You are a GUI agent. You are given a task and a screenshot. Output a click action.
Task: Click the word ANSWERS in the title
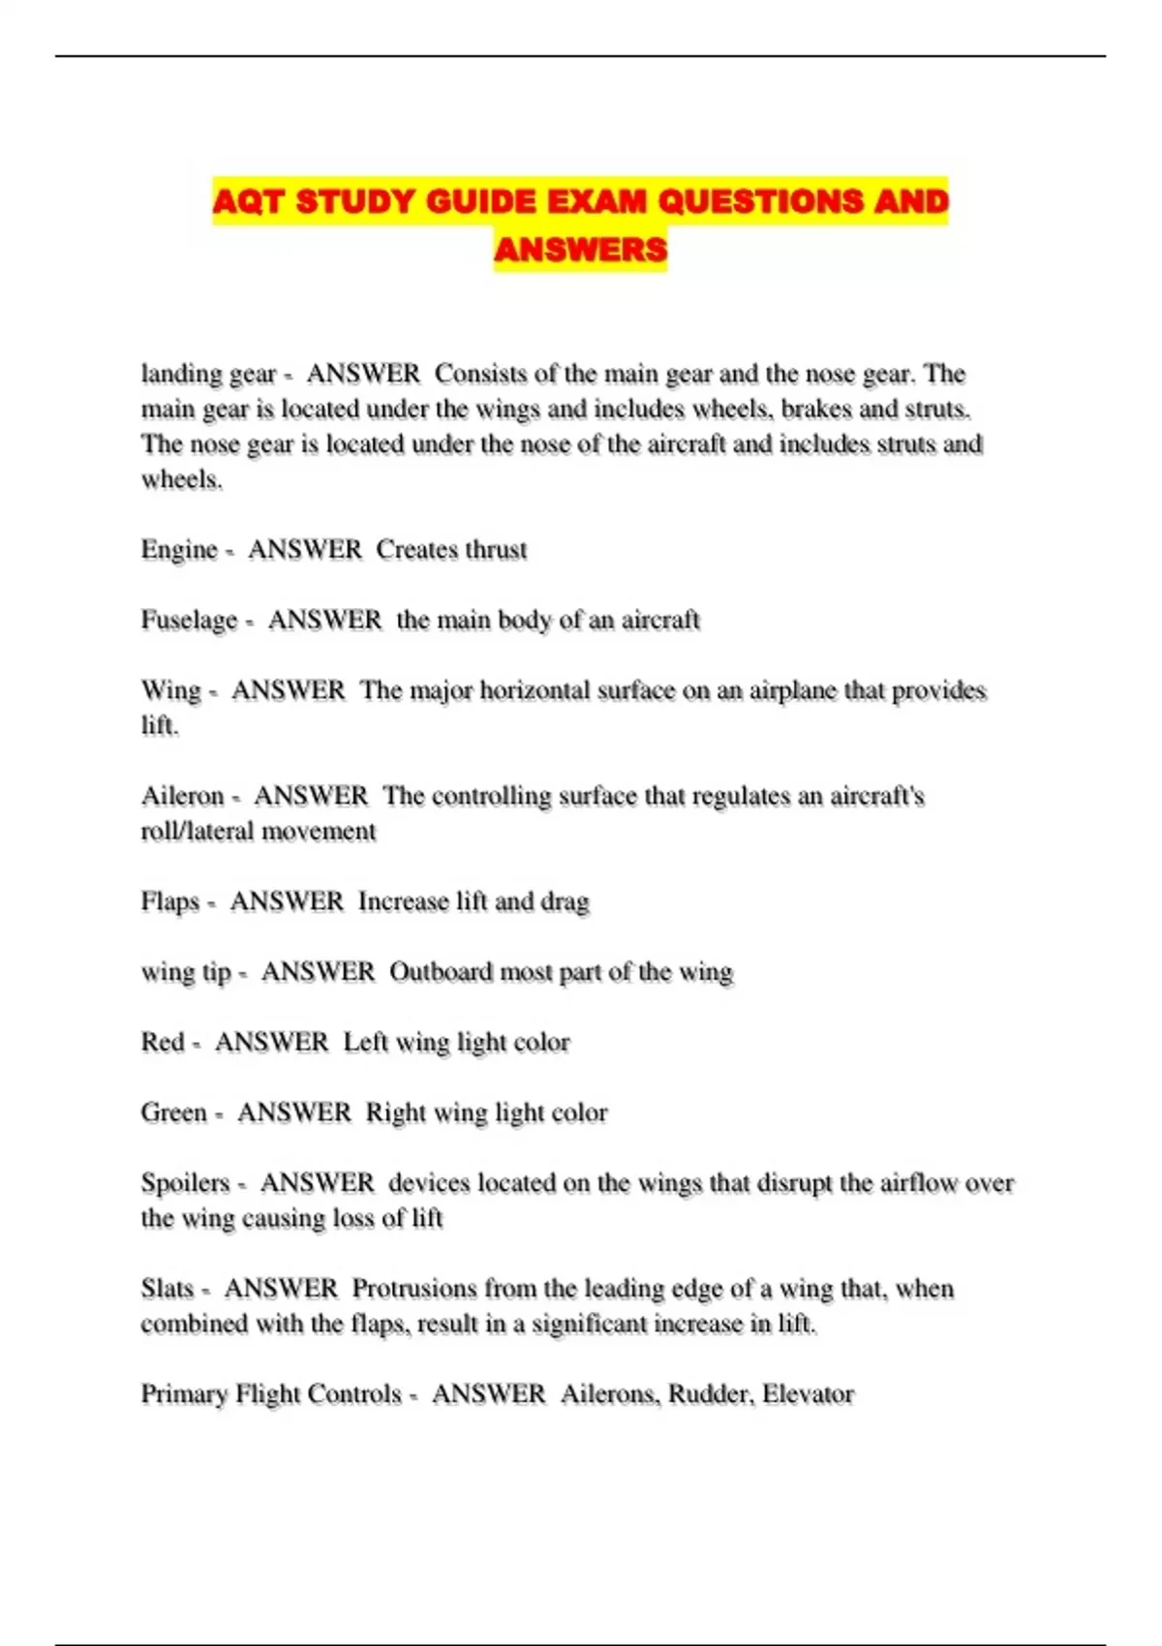coord(580,250)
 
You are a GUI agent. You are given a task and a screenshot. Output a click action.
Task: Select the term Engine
coord(179,550)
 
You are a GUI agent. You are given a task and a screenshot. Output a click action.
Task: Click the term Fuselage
coord(189,621)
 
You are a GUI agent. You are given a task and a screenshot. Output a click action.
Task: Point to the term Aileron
coord(182,797)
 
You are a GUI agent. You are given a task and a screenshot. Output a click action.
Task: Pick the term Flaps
coord(169,902)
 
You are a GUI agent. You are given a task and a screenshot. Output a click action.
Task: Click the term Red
coord(162,1043)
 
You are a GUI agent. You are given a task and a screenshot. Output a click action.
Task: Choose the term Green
coord(173,1113)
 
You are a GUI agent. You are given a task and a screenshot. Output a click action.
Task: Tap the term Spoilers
coord(185,1184)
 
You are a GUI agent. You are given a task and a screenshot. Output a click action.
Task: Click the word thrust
coord(496,550)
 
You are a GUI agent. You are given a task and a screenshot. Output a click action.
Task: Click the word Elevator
coord(808,1395)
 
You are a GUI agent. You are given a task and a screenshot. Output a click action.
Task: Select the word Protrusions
coord(413,1290)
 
